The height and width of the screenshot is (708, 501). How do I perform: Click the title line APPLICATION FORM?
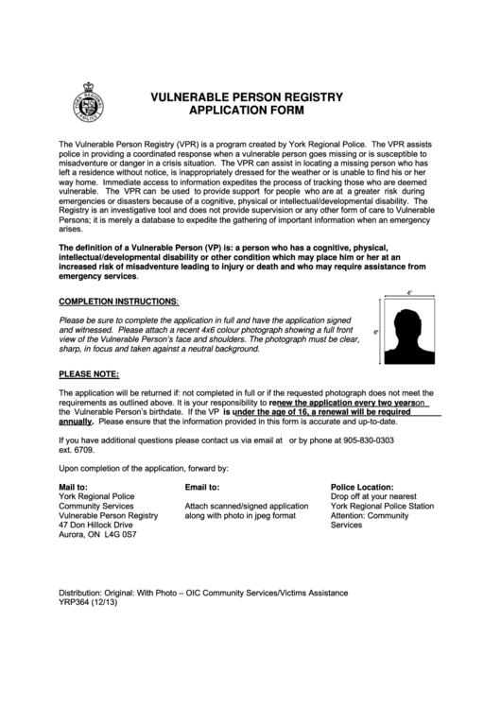click(x=244, y=110)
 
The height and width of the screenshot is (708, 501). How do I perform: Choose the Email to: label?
click(x=201, y=486)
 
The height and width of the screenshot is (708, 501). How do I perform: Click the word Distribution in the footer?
click(x=82, y=592)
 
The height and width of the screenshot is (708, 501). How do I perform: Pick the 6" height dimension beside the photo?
click(x=375, y=333)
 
